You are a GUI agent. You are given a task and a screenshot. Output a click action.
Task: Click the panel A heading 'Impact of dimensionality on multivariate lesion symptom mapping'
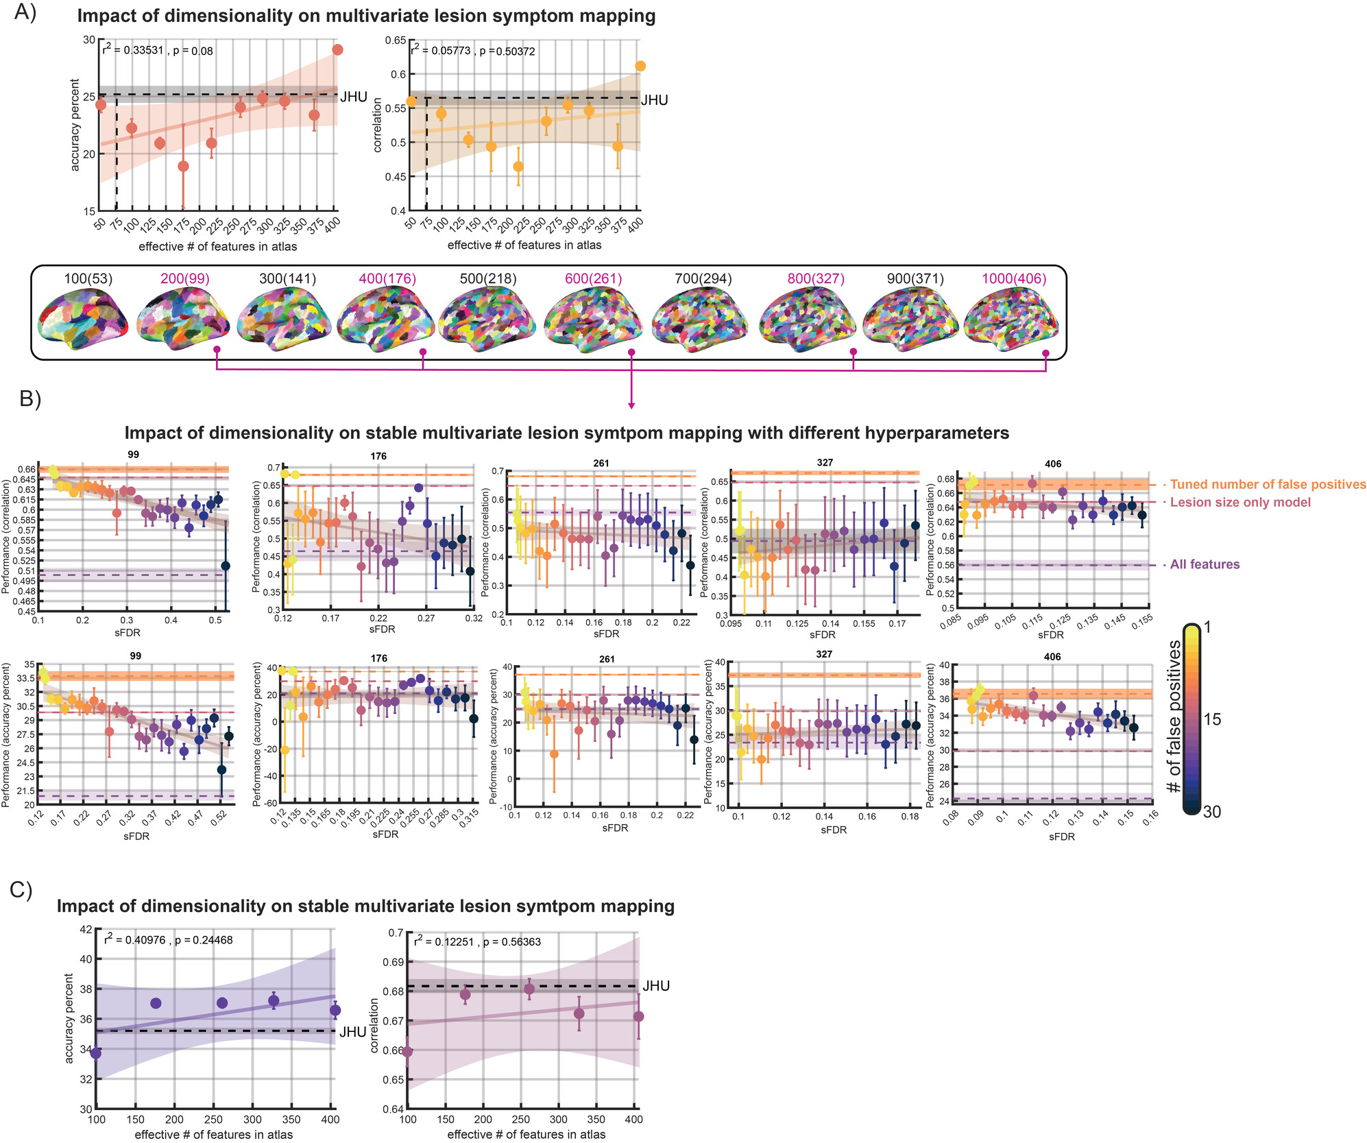(x=366, y=16)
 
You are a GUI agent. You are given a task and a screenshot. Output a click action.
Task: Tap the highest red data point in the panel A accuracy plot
(x=337, y=49)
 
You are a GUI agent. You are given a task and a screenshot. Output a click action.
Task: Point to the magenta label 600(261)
(x=593, y=279)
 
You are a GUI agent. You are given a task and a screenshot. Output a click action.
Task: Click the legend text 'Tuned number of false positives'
(x=1268, y=485)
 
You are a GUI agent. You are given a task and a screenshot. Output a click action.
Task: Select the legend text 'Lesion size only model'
(x=1239, y=503)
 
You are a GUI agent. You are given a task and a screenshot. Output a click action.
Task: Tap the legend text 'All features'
(x=1205, y=565)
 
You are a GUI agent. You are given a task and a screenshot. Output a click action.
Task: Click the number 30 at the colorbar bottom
(x=1211, y=812)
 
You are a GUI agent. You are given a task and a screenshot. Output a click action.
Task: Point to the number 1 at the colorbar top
(x=1207, y=627)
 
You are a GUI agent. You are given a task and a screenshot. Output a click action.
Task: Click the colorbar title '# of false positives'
(x=1174, y=717)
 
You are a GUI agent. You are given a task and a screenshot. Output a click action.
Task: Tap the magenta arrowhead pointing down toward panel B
(x=631, y=406)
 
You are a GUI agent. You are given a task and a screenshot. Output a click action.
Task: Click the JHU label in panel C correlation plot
(x=656, y=986)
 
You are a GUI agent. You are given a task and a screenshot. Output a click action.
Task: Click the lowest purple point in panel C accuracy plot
(x=96, y=1053)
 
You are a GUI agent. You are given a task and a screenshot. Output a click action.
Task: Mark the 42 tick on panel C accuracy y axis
(x=86, y=930)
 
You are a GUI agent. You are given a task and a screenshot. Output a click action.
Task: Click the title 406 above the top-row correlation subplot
(x=1053, y=464)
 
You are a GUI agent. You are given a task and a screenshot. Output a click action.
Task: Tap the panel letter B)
(x=30, y=398)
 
